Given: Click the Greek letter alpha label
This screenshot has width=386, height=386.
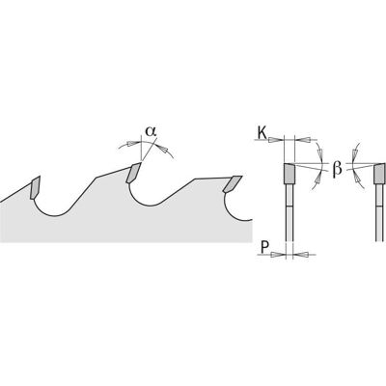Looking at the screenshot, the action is (x=151, y=131).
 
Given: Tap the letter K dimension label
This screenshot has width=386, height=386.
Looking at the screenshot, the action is (x=262, y=133).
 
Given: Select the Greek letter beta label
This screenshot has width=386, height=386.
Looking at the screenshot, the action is (x=337, y=168).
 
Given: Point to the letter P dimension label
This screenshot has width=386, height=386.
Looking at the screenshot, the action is (x=264, y=247).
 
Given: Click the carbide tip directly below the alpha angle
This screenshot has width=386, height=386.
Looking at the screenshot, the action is (x=133, y=173).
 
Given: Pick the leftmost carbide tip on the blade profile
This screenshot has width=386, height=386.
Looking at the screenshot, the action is (x=35, y=188).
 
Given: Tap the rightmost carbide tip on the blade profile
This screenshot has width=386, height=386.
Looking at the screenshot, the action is (x=233, y=184).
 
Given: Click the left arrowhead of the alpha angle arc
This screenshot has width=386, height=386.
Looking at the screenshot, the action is (x=130, y=143).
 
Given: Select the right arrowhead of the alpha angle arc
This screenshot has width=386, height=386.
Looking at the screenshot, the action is (x=164, y=149).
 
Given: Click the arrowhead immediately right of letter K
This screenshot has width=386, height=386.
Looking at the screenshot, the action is (x=274, y=140).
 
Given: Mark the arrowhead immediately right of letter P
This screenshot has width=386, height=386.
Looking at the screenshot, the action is (x=276, y=255).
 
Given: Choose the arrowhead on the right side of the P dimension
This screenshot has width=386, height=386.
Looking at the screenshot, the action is (x=303, y=255).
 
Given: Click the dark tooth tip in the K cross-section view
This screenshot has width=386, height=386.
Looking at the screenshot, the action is (x=289, y=174).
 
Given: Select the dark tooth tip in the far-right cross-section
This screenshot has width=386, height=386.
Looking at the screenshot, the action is (x=379, y=174).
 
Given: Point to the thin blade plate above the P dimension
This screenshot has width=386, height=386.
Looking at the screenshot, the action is (x=289, y=212).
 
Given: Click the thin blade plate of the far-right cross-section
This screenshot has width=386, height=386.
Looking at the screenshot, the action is (x=379, y=212).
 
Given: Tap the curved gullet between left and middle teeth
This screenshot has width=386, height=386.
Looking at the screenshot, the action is (x=56, y=209).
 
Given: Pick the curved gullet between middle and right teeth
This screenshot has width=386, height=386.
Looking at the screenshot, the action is (x=152, y=200).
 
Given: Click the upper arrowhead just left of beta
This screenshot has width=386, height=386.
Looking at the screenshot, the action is (x=319, y=151).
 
